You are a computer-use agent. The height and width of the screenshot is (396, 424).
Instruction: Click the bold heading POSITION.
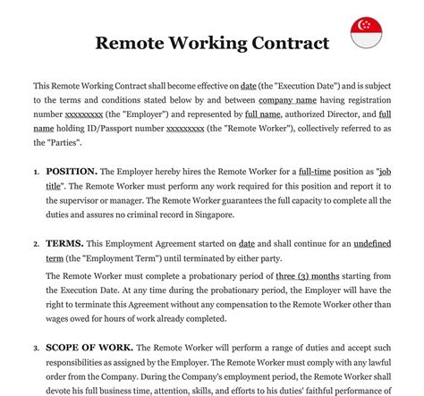(x=71, y=171)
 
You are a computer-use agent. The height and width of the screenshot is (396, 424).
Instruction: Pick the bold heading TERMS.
(x=64, y=243)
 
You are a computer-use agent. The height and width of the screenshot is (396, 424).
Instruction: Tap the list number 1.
(x=37, y=172)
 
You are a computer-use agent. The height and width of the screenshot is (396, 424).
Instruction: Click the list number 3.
(x=37, y=349)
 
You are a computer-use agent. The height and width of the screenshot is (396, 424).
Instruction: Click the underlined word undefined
(x=380, y=243)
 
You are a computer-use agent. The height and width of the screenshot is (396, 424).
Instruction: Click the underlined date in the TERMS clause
(x=246, y=243)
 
